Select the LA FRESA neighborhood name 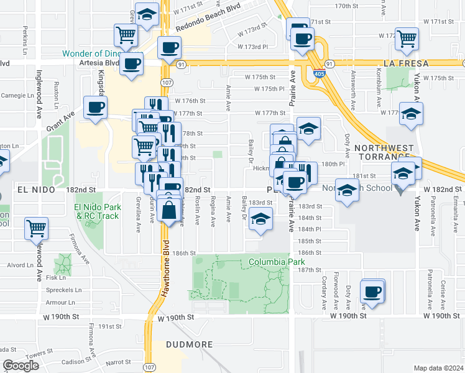tap(407, 63)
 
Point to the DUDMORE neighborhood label tap(190, 344)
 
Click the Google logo tap(21, 366)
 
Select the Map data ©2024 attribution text tap(439, 368)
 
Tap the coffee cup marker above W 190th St tap(373, 291)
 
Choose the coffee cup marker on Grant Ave tap(95, 107)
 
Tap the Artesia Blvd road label tap(99, 63)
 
